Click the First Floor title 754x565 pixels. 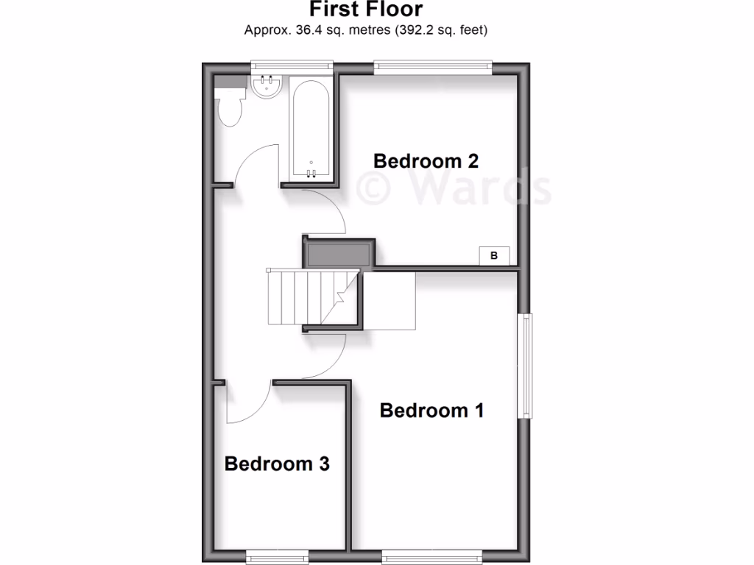pos(366,10)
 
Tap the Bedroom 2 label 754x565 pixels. pos(426,160)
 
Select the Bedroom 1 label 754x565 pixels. pos(431,410)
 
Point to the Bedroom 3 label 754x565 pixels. pos(277,463)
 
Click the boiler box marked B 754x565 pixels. pos(494,255)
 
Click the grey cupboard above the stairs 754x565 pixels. pos(339,252)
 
